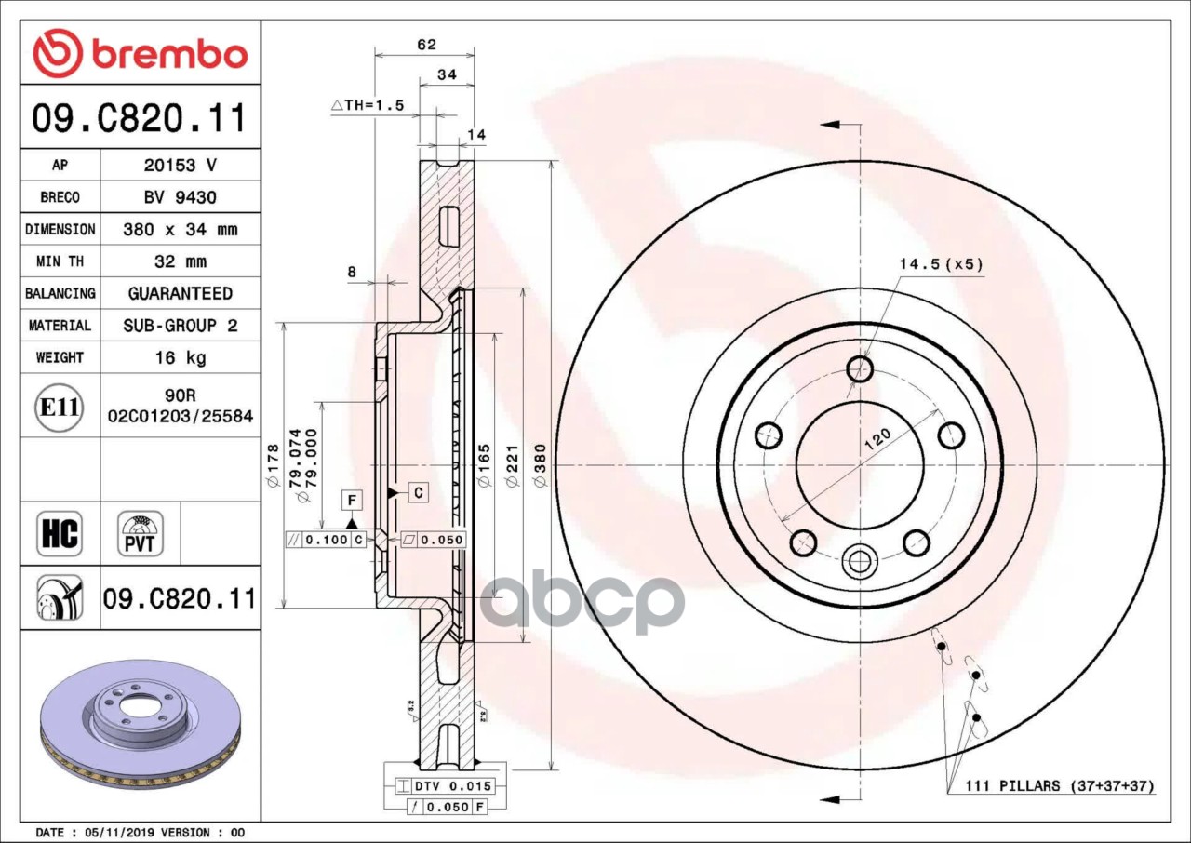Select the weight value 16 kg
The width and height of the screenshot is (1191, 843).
coord(180,357)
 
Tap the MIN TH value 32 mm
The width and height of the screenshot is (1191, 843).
coord(180,261)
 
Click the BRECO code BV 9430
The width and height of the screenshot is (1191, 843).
coord(180,197)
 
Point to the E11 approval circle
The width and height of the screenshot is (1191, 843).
coord(60,407)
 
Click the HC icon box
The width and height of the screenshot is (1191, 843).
coord(60,534)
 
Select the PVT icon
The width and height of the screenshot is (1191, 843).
coord(141,534)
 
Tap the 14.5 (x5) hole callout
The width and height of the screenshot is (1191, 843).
coord(940,264)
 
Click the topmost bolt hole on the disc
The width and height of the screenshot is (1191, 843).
coord(860,369)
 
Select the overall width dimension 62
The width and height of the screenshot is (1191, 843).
coord(425,45)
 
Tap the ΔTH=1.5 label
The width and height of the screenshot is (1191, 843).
coord(368,105)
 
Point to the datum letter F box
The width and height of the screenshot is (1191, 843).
coord(352,501)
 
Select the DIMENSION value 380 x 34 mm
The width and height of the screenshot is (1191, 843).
coord(180,229)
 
